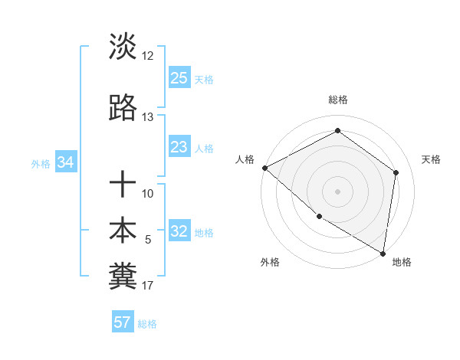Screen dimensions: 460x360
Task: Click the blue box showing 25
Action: (179, 78)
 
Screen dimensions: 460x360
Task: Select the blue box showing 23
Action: (179, 147)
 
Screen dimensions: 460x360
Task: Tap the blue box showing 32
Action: (179, 232)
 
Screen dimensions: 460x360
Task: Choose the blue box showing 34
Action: (65, 162)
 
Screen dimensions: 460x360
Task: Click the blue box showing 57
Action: (122, 322)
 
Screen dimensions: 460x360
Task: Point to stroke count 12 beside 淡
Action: (148, 56)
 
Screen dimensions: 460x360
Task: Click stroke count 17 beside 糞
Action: (148, 286)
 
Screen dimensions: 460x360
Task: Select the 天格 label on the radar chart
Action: (432, 159)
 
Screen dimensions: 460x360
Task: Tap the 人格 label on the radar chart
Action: (245, 159)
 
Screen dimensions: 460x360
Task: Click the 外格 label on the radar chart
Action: (270, 262)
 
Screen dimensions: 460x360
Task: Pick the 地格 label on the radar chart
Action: (402, 262)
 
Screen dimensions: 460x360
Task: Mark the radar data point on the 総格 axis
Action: (337, 130)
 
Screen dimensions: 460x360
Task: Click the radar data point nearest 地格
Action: (383, 253)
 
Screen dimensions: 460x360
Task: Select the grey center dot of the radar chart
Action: (337, 191)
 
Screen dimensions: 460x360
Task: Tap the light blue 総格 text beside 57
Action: (147, 323)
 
